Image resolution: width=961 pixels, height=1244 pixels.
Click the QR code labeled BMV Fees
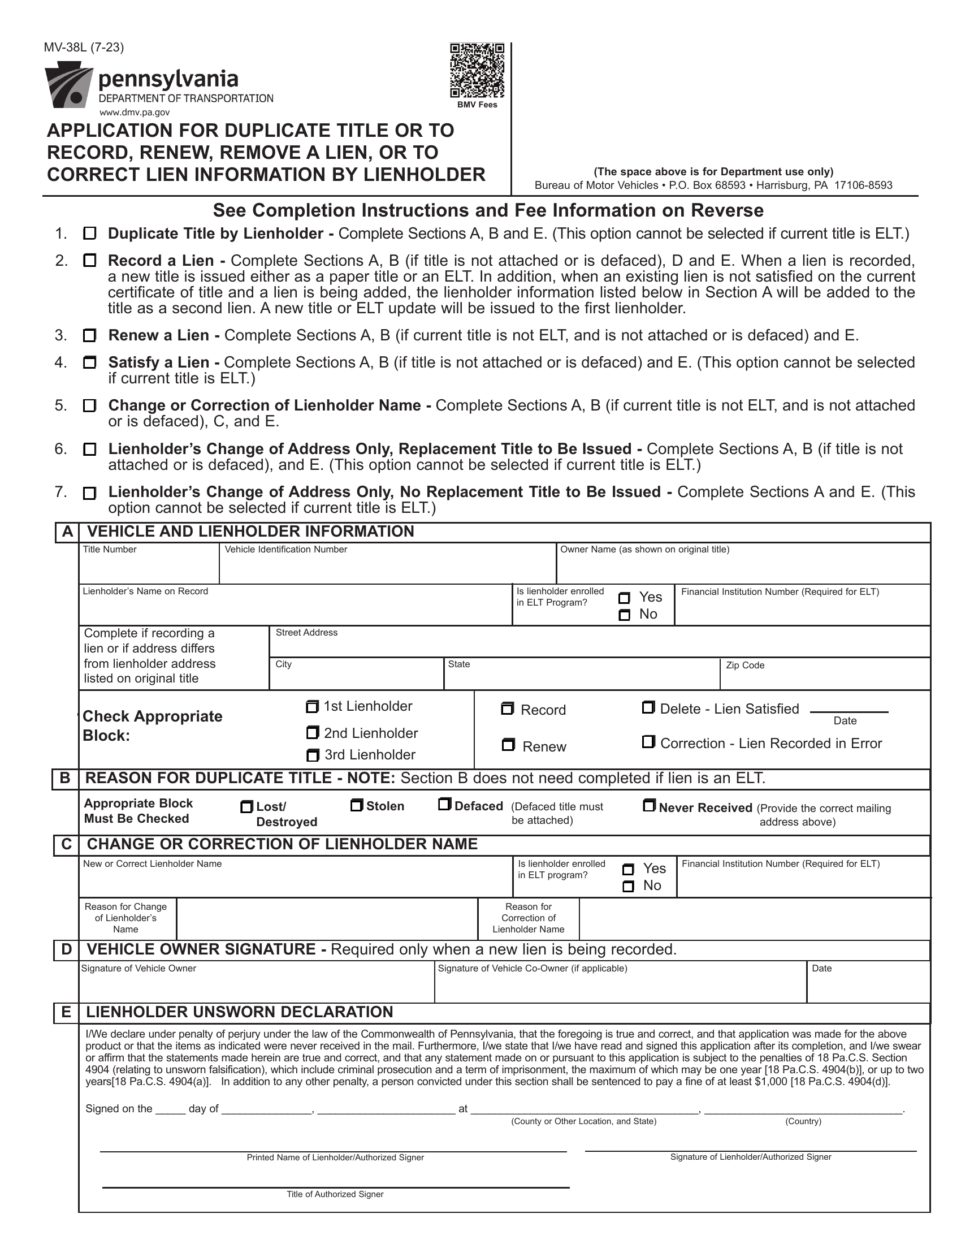click(x=477, y=70)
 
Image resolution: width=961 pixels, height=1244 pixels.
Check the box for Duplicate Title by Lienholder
click(x=90, y=234)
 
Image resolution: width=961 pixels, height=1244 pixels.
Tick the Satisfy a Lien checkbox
click(x=90, y=362)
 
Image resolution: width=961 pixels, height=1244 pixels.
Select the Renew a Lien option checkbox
click(x=90, y=335)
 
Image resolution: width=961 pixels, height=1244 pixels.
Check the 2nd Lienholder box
click(x=312, y=732)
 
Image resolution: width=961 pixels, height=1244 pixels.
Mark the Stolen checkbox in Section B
click(x=356, y=805)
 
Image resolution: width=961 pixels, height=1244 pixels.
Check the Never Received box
click(x=648, y=805)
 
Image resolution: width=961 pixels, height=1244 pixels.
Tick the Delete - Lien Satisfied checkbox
click(x=648, y=707)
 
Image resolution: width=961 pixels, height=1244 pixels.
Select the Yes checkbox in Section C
click(x=628, y=869)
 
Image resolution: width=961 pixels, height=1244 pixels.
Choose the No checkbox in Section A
click(x=625, y=615)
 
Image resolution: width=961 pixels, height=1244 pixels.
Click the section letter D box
click(x=67, y=949)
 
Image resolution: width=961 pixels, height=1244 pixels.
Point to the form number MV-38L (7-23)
click(x=84, y=47)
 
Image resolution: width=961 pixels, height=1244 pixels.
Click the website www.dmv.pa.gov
click(x=135, y=113)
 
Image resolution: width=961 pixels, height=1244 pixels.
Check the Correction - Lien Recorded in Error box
click(x=648, y=742)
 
